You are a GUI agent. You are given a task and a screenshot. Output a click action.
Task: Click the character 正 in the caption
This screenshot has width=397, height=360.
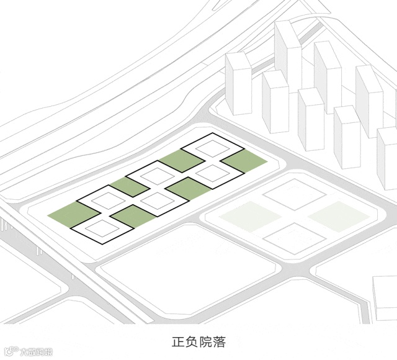tap(177, 342)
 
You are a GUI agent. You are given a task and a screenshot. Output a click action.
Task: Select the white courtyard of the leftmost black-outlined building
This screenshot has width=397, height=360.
tap(100, 228)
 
